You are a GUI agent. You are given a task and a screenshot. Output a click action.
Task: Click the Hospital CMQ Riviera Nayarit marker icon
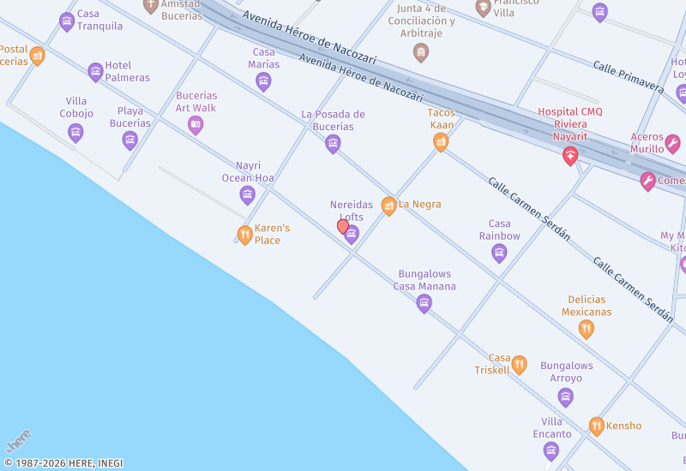point(569,156)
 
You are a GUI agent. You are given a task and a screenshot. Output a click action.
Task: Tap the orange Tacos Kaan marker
point(441,142)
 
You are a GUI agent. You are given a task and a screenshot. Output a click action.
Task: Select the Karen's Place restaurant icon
point(245,235)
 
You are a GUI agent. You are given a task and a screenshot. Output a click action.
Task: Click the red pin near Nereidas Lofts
point(343,227)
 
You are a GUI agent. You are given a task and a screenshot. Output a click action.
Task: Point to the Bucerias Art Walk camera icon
point(196,125)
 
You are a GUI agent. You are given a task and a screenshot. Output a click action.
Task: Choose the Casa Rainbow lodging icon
point(499,253)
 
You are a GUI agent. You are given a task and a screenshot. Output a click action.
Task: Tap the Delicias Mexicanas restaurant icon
point(587,329)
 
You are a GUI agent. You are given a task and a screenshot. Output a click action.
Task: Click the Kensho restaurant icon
point(597,426)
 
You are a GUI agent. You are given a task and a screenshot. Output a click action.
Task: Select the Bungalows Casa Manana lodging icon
point(424,303)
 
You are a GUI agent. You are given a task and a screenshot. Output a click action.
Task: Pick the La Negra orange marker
point(389,206)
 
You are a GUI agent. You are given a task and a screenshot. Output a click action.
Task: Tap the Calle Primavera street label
point(628,77)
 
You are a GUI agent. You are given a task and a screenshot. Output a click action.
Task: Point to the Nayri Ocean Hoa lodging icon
point(248,195)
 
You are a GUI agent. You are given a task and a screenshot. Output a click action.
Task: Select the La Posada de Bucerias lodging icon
point(334,144)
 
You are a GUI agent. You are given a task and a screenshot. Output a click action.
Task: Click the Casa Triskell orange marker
point(519,365)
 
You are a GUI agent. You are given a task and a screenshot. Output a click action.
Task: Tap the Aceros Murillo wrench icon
point(673,143)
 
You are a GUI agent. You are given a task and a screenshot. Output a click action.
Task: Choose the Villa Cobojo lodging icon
point(75,133)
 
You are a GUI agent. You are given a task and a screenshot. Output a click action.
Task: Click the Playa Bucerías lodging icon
point(130,140)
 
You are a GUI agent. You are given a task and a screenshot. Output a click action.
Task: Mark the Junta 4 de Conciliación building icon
point(421,52)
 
